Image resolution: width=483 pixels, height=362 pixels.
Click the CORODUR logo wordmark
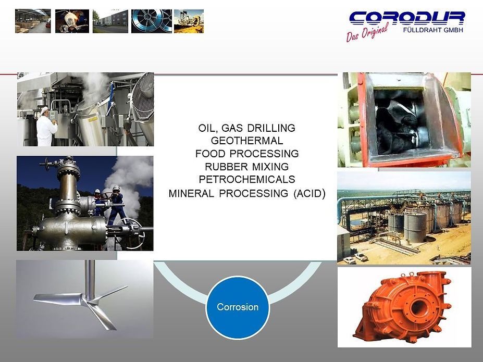tap(406, 18)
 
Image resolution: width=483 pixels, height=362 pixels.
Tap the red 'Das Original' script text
tap(367, 32)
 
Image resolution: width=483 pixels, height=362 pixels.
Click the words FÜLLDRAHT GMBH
tap(433, 30)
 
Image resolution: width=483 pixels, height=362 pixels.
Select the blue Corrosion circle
tap(238, 307)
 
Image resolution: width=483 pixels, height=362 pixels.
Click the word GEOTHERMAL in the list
tap(247, 141)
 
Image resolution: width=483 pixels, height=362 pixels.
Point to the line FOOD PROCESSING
tap(247, 154)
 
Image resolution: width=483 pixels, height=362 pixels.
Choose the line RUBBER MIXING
tap(247, 167)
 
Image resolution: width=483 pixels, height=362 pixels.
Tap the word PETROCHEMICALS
tap(247, 180)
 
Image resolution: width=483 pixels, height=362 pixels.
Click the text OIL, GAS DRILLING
tap(247, 128)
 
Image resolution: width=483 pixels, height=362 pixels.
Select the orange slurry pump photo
tap(404, 307)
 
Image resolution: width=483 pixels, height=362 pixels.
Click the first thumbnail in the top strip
tap(33, 21)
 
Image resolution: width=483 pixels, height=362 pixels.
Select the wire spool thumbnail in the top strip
tap(151, 21)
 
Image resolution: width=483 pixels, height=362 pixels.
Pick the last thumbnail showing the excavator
tap(189, 21)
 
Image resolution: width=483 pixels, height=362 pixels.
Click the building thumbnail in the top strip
tap(110, 21)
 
